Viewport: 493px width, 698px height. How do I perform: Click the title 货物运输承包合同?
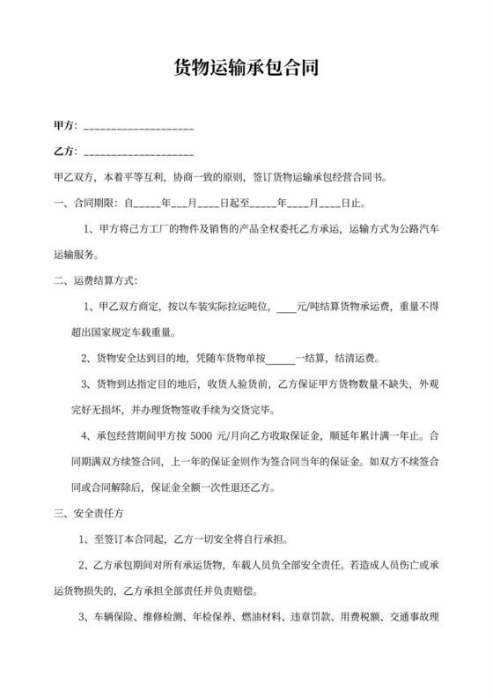click(x=246, y=67)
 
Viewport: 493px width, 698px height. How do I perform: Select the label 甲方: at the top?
click(x=66, y=127)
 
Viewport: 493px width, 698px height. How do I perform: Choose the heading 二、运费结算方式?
click(x=95, y=281)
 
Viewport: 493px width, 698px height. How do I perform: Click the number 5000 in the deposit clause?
click(x=202, y=435)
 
